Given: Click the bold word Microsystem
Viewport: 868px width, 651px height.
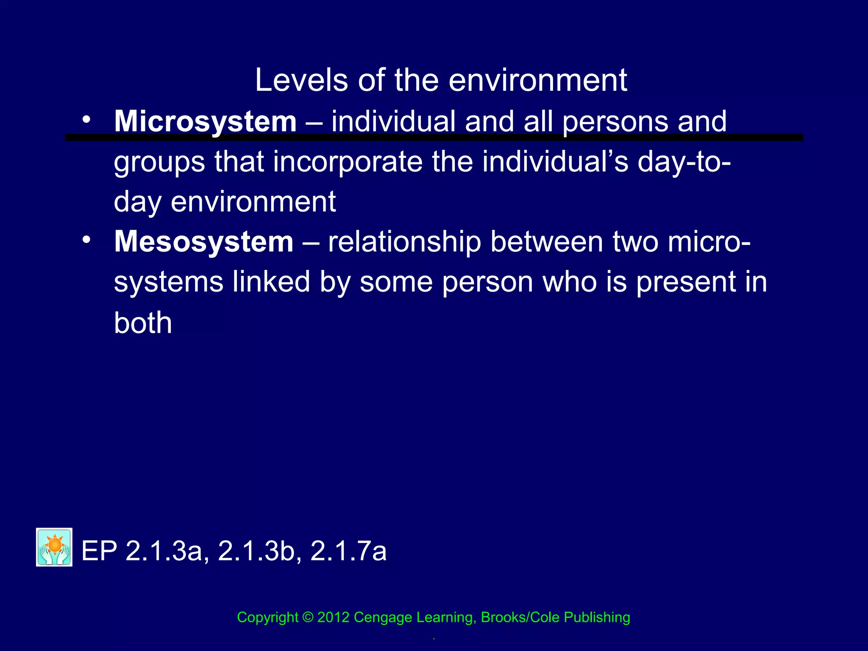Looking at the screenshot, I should (x=205, y=122).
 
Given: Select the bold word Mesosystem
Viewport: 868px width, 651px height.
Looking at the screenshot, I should (x=203, y=242).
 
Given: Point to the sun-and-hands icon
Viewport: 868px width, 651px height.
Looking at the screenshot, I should (x=54, y=547).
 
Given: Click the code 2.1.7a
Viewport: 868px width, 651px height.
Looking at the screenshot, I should (x=348, y=551).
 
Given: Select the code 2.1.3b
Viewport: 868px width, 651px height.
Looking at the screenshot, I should (x=256, y=551).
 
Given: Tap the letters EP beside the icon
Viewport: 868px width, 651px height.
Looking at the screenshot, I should (x=99, y=551).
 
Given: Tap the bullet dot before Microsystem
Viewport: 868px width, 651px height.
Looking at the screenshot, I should (x=86, y=120).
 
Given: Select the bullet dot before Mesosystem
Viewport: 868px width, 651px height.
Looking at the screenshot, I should (x=86, y=240).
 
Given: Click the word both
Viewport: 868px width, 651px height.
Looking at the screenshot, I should (x=143, y=323).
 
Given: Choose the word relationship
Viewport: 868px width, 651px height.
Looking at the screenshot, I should (x=404, y=242).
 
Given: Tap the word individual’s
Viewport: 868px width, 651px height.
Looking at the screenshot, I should (x=555, y=162).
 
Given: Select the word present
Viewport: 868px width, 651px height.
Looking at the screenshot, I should (x=686, y=283).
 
